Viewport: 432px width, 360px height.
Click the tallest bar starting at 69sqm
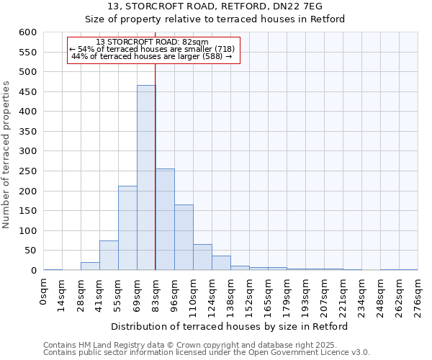146,178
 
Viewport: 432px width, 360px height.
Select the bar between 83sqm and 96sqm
165,220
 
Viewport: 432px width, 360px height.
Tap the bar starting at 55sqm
127,228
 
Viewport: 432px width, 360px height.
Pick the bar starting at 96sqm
184,238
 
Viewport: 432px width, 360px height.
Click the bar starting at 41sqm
109,256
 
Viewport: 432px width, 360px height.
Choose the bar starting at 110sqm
202,257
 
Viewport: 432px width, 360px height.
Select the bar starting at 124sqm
221,263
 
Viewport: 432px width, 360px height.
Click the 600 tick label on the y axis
27,32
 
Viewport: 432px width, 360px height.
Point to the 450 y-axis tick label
27,92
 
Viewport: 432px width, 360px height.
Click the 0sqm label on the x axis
44,292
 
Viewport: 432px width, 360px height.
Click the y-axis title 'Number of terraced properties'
7,155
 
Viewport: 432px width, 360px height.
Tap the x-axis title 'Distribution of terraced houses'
230,326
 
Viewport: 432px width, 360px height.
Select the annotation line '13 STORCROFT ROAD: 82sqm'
152,42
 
